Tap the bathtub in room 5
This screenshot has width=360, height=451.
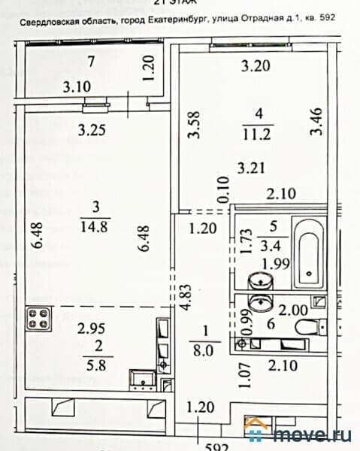pos(309,255)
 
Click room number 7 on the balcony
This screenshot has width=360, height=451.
pos(90,62)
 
